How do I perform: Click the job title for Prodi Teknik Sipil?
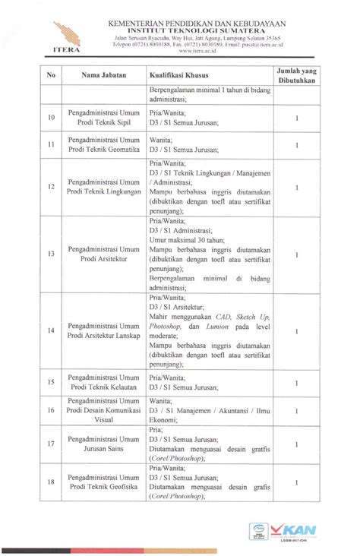click(105, 118)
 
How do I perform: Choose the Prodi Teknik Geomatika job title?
click(105, 144)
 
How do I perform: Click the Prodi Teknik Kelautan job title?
click(105, 382)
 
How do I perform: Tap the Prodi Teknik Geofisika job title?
click(105, 484)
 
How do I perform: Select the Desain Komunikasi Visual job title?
click(105, 410)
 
